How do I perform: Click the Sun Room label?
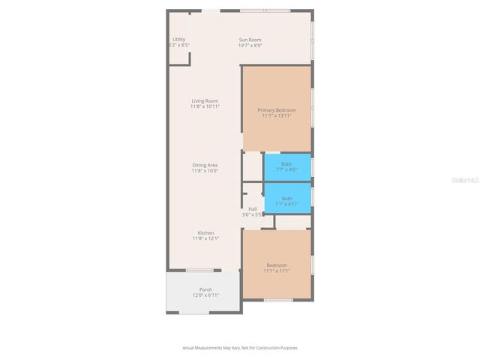[x=250, y=40]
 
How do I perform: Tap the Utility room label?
[x=178, y=39]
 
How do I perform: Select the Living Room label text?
[x=205, y=100]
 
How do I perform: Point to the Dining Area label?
[x=205, y=165]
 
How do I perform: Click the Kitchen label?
[x=205, y=232]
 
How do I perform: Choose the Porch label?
[x=205, y=289]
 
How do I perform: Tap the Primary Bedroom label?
[x=276, y=110]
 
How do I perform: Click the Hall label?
[x=253, y=208]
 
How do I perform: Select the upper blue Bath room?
[x=286, y=166]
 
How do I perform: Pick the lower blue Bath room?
[x=286, y=200]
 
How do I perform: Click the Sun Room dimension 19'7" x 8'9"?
[x=250, y=46]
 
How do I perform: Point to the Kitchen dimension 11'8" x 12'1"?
[x=205, y=238]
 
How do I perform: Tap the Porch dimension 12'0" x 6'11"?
[x=205, y=295]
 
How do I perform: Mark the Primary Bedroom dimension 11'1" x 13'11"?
[x=276, y=116]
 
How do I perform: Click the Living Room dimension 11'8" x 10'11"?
[x=205, y=106]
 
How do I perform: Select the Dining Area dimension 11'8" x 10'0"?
[x=205, y=171]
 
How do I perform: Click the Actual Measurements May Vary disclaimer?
[x=240, y=347]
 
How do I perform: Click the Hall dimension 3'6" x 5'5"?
[x=253, y=214]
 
